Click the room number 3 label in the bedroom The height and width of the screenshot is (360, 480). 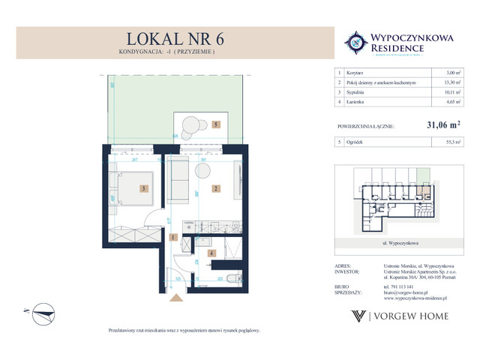click(x=144, y=189)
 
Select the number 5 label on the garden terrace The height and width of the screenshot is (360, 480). click(x=215, y=125)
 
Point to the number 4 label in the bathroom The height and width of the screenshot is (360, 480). click(x=213, y=253)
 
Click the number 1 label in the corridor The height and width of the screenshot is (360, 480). click(x=172, y=238)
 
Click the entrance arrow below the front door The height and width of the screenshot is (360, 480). click(x=178, y=298)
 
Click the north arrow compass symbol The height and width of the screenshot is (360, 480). click(x=33, y=310)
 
